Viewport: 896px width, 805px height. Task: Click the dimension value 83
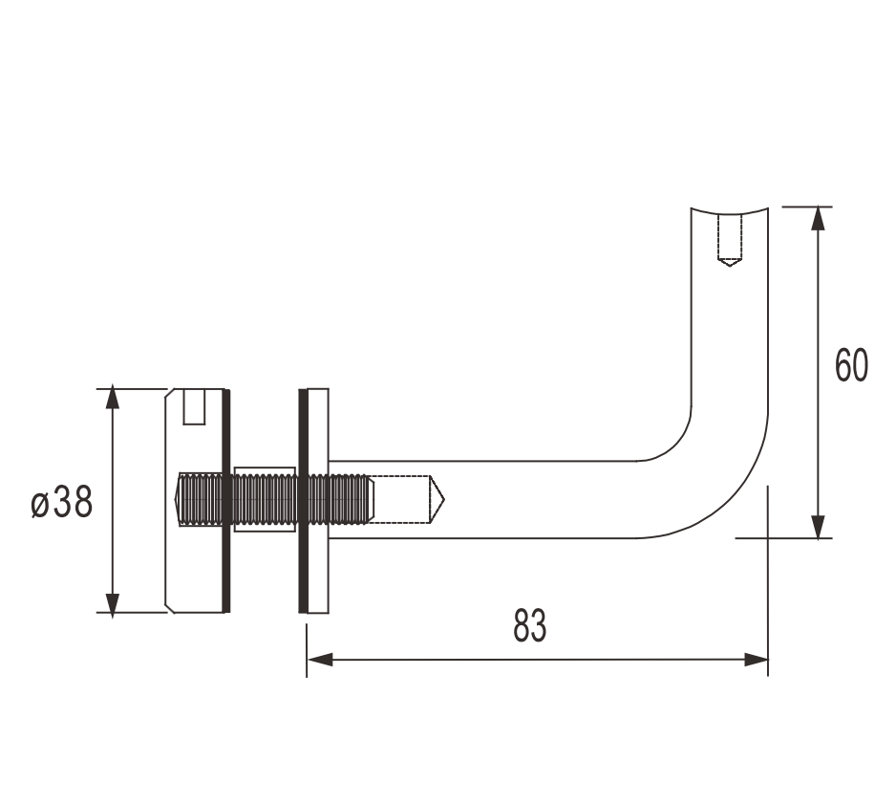click(530, 625)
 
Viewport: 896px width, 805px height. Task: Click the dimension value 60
click(851, 365)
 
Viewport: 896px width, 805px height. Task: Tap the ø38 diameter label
click(62, 502)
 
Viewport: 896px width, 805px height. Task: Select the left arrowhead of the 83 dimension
click(320, 660)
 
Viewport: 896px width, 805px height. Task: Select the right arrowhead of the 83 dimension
click(756, 660)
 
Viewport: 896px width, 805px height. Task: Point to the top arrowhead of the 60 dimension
click(819, 218)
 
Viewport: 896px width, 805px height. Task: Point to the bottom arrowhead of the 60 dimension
click(819, 526)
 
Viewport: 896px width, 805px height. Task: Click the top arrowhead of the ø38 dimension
click(113, 398)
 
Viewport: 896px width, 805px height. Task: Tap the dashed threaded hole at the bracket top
click(730, 240)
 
